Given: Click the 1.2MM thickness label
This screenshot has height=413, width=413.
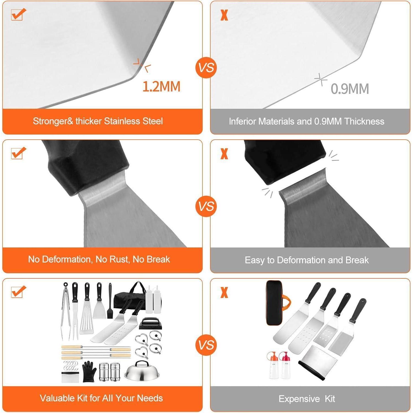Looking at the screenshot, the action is [161, 86].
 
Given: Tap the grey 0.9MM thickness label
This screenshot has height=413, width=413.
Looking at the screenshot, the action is [350, 89].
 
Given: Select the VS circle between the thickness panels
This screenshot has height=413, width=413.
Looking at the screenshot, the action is [206, 67].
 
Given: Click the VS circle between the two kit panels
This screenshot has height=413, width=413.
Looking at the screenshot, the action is [206, 345].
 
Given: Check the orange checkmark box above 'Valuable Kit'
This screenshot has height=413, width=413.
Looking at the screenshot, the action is [18, 292].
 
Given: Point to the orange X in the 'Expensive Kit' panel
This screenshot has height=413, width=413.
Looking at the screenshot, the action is [224, 292].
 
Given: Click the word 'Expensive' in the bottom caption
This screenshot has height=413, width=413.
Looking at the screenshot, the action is [299, 399].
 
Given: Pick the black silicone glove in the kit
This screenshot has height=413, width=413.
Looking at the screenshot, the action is [89, 371].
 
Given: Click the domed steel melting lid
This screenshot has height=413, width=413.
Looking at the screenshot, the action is [142, 371].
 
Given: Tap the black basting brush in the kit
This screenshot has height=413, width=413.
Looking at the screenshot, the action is [110, 301].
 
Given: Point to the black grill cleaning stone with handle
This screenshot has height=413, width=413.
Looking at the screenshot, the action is [149, 324].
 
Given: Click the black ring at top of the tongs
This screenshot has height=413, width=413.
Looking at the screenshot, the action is [66, 285].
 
